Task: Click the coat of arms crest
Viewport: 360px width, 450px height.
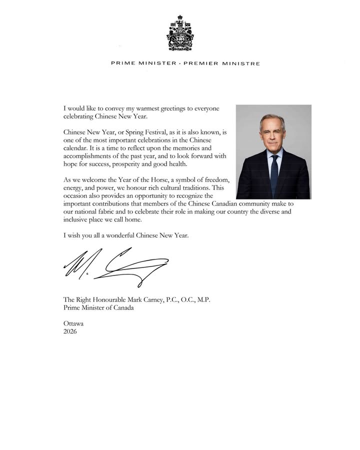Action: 180,33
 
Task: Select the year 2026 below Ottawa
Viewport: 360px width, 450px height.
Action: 70,331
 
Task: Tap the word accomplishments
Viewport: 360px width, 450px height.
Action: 88,156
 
